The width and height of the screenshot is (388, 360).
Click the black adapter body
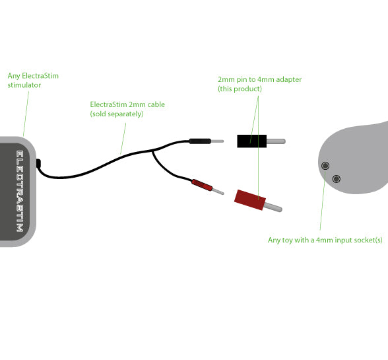click(x=251, y=141)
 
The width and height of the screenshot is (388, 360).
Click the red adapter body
click(x=250, y=200)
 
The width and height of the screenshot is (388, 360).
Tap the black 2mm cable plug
click(x=200, y=141)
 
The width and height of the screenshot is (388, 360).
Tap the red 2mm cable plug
click(x=202, y=185)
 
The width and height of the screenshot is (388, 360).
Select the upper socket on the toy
click(x=325, y=166)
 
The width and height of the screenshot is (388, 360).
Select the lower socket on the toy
click(x=337, y=178)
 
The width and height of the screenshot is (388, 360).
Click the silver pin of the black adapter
click(x=276, y=141)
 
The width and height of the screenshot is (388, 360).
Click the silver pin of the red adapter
click(x=273, y=207)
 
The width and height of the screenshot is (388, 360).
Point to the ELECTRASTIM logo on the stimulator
click(x=20, y=191)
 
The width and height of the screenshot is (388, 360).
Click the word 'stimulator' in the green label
click(x=24, y=85)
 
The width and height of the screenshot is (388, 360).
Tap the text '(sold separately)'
click(x=117, y=114)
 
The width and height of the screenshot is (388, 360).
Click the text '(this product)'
click(x=240, y=89)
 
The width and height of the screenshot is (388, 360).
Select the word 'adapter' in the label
click(x=289, y=79)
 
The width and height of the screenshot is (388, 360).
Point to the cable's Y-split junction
click(x=152, y=151)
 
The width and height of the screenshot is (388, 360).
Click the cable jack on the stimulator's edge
click(x=38, y=163)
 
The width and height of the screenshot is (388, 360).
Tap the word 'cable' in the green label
click(x=156, y=104)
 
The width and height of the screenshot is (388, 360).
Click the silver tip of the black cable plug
click(x=217, y=141)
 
